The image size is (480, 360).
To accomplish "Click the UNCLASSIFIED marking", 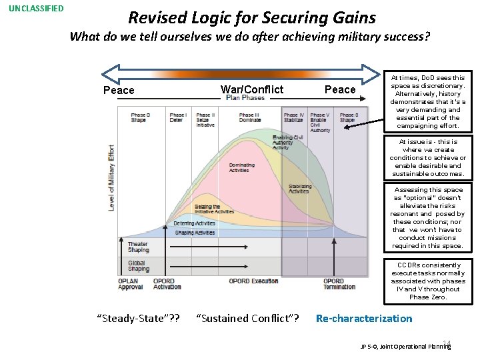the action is (x=36, y=9).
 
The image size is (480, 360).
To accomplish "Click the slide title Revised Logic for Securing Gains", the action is (x=252, y=18).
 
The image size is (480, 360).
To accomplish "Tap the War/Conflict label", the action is (x=251, y=89).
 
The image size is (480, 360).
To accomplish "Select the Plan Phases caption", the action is (x=245, y=98).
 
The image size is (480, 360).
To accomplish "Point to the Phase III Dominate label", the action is (x=250, y=118).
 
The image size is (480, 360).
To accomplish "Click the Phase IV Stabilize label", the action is (x=294, y=118).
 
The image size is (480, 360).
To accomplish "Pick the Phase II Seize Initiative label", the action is (x=206, y=120).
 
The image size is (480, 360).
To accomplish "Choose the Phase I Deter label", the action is (x=177, y=118).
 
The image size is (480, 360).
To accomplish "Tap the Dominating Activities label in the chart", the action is (x=241, y=167).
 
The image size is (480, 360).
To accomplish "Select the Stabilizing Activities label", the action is (x=299, y=189).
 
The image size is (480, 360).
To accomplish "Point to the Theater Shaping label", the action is (x=138, y=247).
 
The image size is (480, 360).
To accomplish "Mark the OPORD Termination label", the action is (x=339, y=284).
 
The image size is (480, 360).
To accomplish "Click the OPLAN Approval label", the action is (x=131, y=284).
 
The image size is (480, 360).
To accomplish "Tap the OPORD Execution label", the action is (x=253, y=281).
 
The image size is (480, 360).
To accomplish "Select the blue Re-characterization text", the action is (x=364, y=319).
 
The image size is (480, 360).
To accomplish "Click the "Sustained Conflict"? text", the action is (x=248, y=319).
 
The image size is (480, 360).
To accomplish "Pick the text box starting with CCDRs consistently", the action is (x=428, y=281).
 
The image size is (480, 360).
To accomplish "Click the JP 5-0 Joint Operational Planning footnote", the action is (x=405, y=347).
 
